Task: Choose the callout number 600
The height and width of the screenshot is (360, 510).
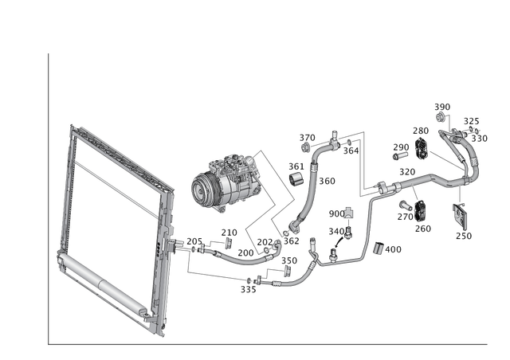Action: [x=333, y=213]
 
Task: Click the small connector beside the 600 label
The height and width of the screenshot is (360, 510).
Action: [x=349, y=213]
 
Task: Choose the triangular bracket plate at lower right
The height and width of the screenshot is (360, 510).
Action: [x=461, y=216]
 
